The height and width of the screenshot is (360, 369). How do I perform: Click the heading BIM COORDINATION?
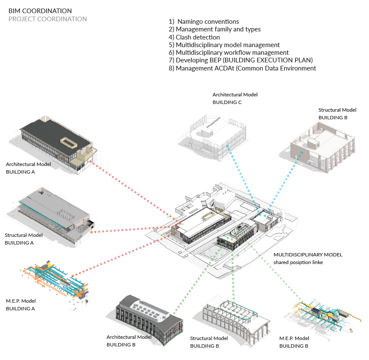pyautogui.click(x=40, y=11)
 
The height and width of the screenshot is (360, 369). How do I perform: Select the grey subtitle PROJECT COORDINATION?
pyautogui.click(x=48, y=19)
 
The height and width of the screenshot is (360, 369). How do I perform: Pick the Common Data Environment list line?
pyautogui.click(x=242, y=68)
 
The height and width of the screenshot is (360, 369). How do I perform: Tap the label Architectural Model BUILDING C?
pyautogui.click(x=235, y=98)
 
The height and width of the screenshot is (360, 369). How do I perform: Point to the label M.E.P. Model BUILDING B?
pyautogui.click(x=294, y=342)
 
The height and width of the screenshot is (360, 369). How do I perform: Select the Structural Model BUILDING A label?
pyautogui.click(x=24, y=239)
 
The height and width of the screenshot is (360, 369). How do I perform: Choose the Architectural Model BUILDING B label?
pyautogui.click(x=129, y=340)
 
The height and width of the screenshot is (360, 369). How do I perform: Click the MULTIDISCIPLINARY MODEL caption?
pyautogui.click(x=307, y=258)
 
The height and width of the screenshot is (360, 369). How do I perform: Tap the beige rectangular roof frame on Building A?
pyautogui.click(x=69, y=143)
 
